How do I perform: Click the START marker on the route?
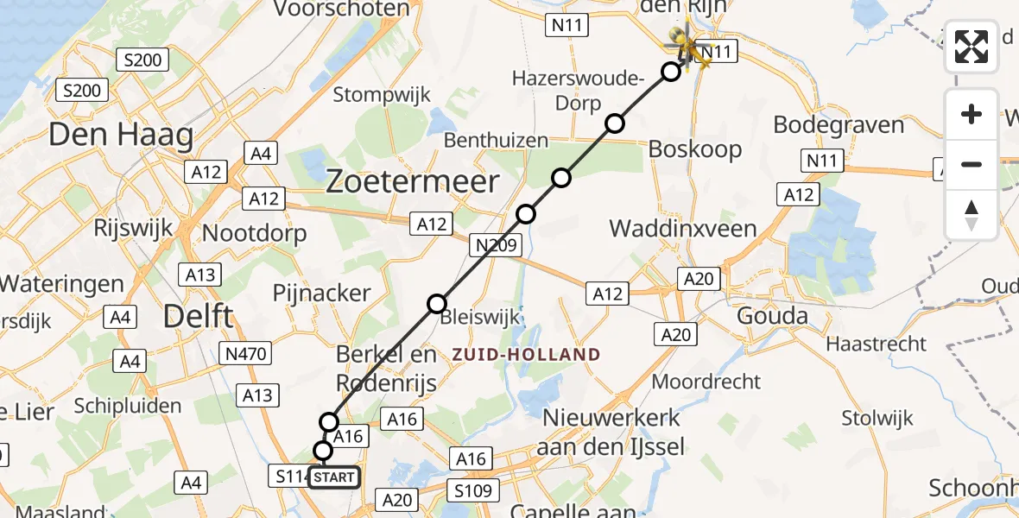click(333, 477)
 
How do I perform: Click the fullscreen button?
click(972, 47)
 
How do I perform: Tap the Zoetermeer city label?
click(413, 182)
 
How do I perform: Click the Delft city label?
click(199, 317)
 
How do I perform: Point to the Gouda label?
click(772, 316)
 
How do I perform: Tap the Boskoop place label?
click(694, 149)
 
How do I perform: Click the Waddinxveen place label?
click(682, 229)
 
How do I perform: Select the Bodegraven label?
click(839, 124)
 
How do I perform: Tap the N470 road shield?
click(247, 352)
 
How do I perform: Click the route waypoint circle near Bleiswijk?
click(437, 303)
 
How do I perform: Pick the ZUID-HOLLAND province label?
click(526, 354)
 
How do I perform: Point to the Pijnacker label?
click(321, 293)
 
